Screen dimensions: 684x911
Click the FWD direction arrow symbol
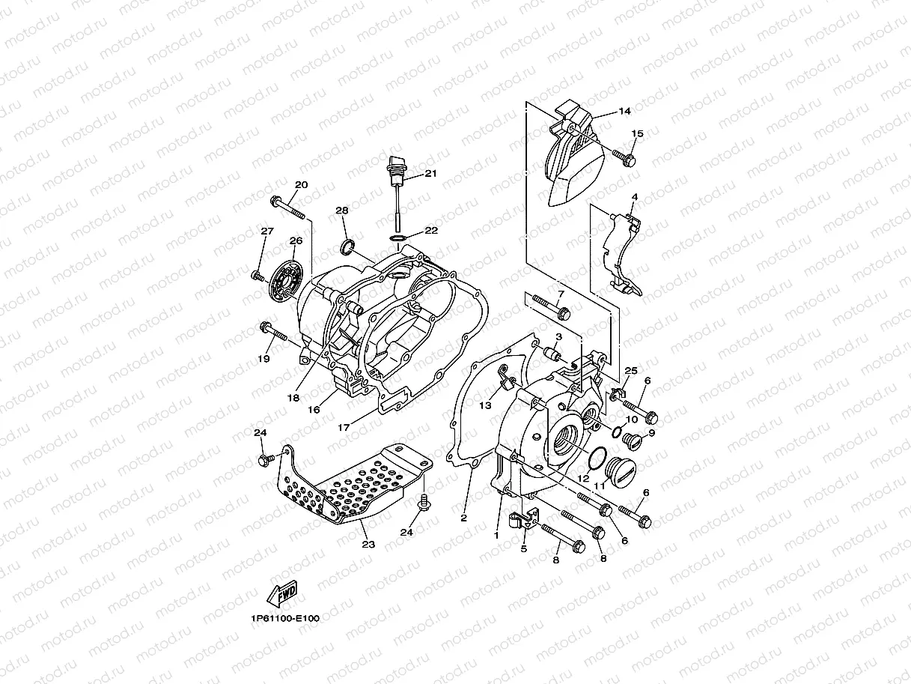[281, 594]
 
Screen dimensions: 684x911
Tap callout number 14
[624, 111]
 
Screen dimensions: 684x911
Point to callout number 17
[344, 429]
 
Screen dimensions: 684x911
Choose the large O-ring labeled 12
[597, 457]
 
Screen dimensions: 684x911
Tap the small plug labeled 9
[631, 443]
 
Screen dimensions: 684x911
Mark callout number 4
[634, 198]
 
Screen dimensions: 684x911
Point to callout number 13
[485, 405]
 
